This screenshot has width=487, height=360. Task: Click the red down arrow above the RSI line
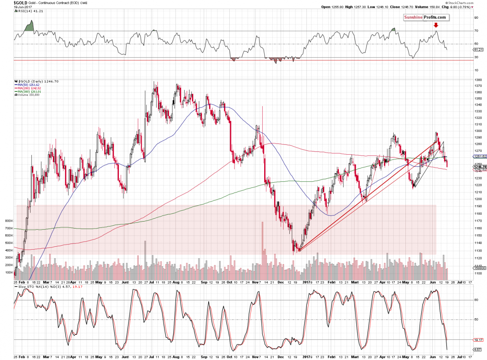pos(436,25)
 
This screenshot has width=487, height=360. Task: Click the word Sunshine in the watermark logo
pos(414,17)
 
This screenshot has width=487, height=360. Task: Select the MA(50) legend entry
pos(26,84)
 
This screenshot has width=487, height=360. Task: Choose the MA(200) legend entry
pos(27,88)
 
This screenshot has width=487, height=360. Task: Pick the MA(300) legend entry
pos(27,92)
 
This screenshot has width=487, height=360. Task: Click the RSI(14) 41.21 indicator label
pos(24,11)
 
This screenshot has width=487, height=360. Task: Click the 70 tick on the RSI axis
pos(475,31)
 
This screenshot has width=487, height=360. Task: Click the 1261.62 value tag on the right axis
pos(479,156)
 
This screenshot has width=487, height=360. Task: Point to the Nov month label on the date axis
pos(256,282)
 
